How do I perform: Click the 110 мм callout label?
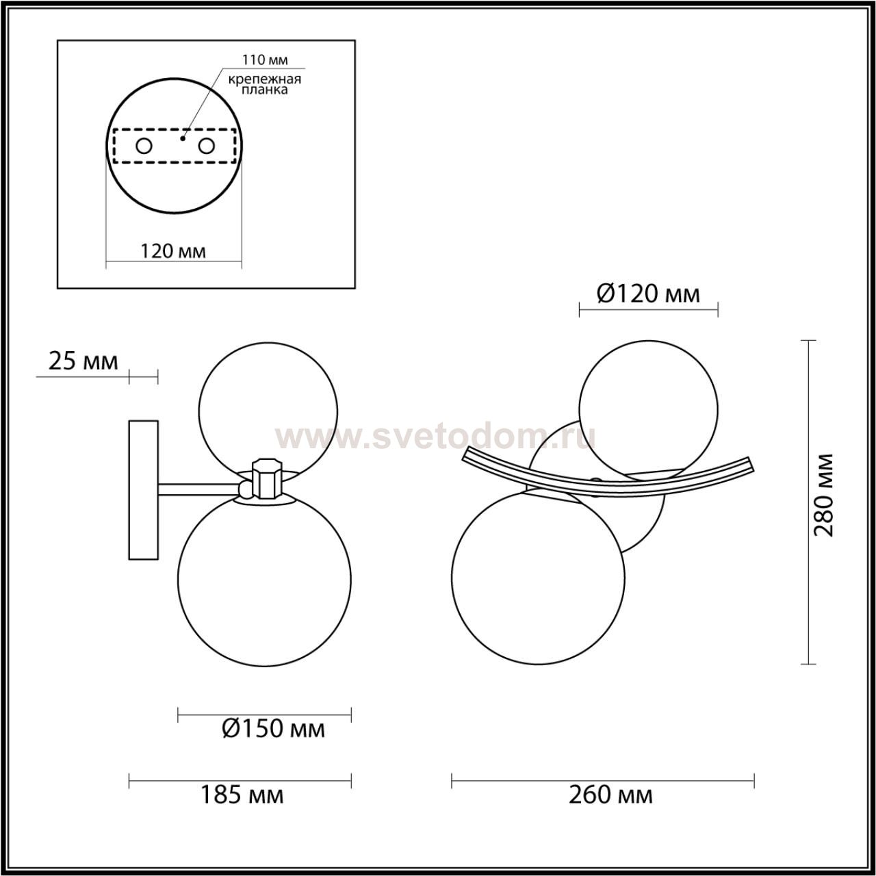pyautogui.click(x=265, y=60)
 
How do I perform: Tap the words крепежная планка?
pyautogui.click(x=265, y=84)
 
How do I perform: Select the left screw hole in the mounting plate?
pyautogui.click(x=144, y=146)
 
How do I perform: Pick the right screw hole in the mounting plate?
pyautogui.click(x=206, y=146)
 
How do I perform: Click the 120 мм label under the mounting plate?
pyautogui.click(x=172, y=250)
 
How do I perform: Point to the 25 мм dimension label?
pyautogui.click(x=83, y=361)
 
